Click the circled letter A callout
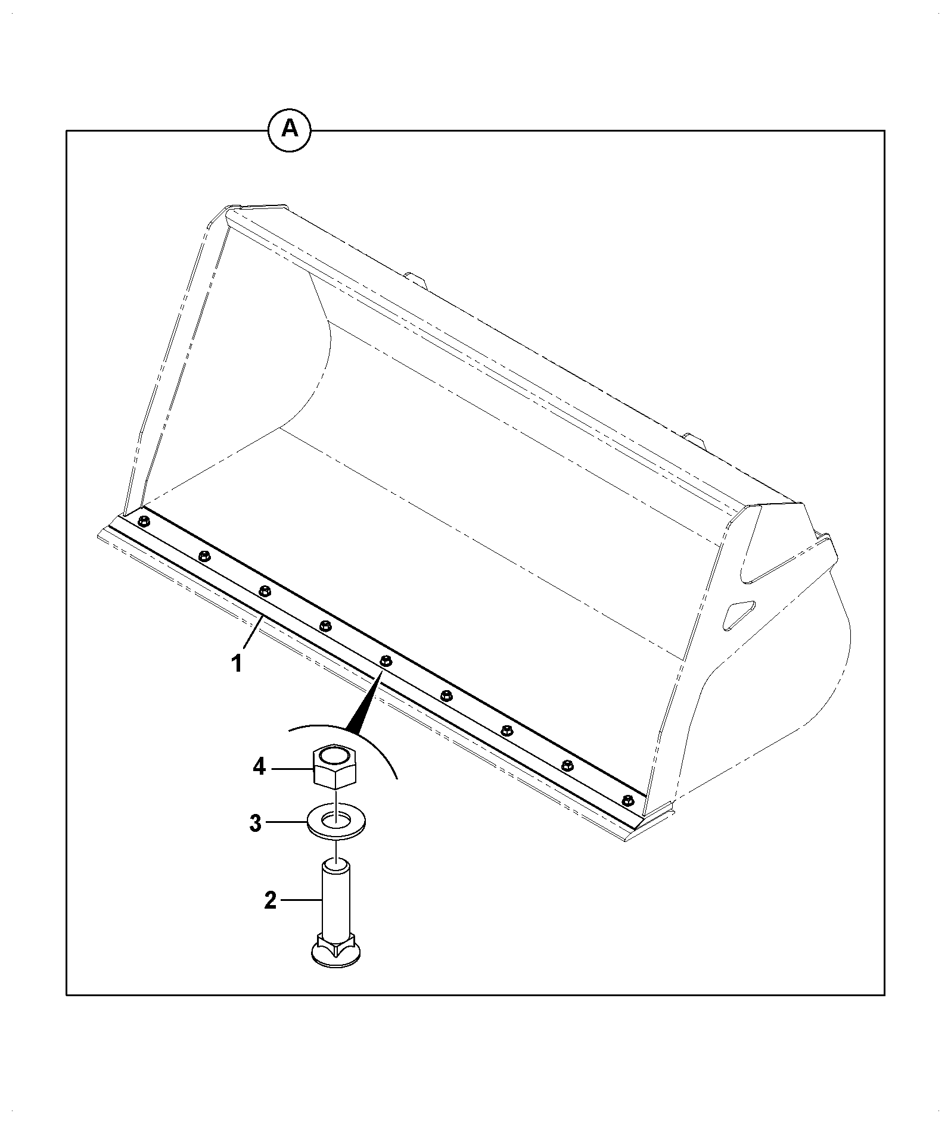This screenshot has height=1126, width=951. pos(290,128)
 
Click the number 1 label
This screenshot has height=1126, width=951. pos(237,663)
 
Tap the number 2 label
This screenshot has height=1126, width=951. pos(271,917)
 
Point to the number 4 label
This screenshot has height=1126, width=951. pos(259,767)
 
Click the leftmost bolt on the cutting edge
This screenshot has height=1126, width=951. pos(144,522)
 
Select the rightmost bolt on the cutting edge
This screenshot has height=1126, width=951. pos(627,799)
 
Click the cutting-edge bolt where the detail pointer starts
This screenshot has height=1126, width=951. pos(386,660)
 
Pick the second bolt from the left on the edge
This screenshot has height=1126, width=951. pos(204,556)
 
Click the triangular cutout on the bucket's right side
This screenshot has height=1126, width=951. pos(738,615)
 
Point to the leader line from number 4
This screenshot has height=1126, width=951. pos(292,769)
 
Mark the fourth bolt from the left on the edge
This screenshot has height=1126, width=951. pos(325,626)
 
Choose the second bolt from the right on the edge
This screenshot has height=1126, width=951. pos(567,765)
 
